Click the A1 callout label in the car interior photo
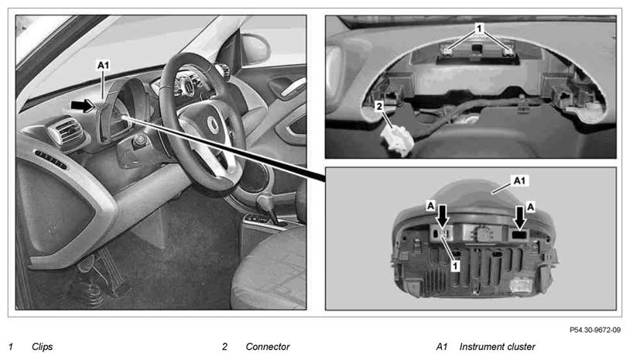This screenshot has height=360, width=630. [x=103, y=65]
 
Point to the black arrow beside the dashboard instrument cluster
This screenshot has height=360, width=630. [x=82, y=105]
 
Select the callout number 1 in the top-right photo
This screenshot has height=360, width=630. [x=478, y=28]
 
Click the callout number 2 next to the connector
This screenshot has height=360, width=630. [x=379, y=107]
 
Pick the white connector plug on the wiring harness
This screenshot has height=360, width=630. [x=397, y=139]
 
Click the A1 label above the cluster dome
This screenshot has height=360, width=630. [x=519, y=181]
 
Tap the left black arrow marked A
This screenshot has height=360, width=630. [x=443, y=216]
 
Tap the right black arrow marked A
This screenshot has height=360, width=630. [x=520, y=218]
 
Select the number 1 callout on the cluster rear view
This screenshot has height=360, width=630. [x=455, y=266]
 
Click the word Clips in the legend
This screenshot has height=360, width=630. [x=43, y=347]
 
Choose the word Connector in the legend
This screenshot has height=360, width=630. [x=268, y=347]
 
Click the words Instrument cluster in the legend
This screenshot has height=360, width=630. [x=498, y=347]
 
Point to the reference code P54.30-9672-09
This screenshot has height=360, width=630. [x=594, y=330]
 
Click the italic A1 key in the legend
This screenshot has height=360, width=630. [x=442, y=347]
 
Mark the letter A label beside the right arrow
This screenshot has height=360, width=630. [x=531, y=207]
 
